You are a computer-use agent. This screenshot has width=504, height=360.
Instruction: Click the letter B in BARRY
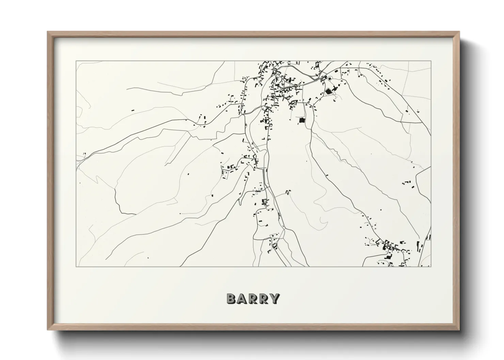click(231, 299)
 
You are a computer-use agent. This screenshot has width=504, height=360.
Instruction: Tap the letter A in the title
click(242, 299)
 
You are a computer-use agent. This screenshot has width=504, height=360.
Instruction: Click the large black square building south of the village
click(301, 120)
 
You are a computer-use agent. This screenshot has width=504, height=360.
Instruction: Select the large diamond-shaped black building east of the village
click(329, 91)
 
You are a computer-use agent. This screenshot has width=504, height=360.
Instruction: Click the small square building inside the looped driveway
click(329, 79)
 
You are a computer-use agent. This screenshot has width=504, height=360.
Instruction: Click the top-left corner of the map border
click(76, 61)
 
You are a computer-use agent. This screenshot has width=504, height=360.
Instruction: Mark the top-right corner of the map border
click(431, 61)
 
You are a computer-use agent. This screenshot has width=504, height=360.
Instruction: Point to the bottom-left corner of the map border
click(76, 266)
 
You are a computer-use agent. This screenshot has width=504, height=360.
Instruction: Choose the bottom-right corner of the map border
click(431, 266)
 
